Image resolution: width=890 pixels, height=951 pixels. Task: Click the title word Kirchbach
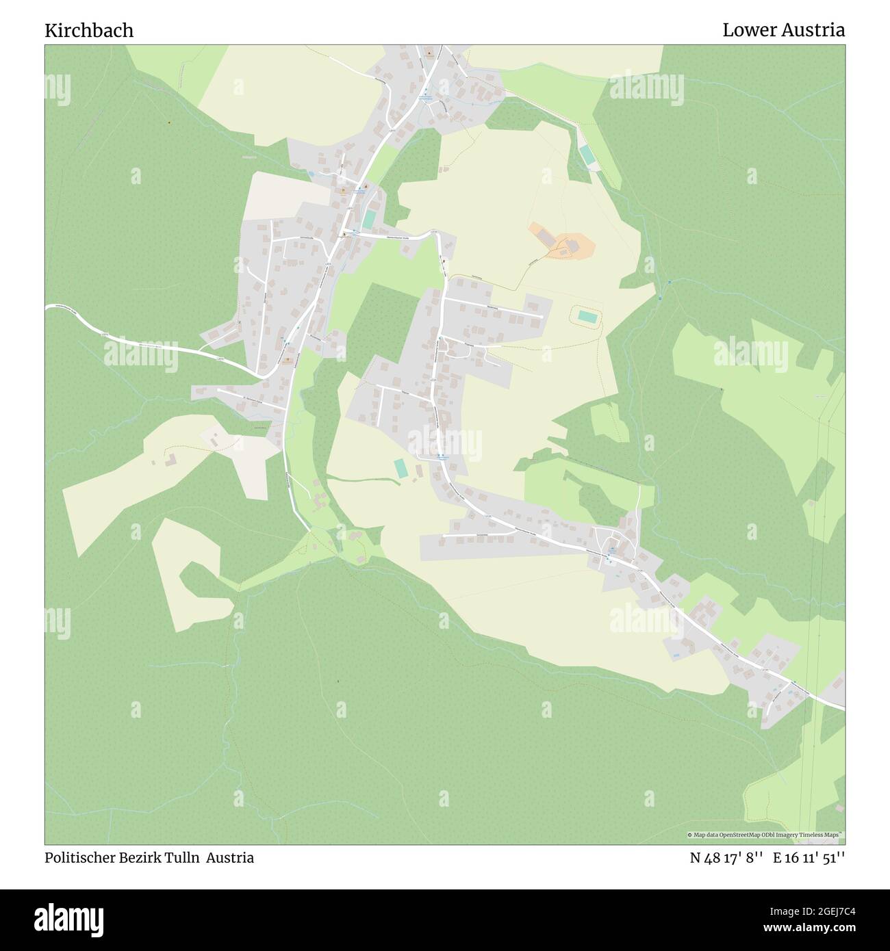(x=89, y=30)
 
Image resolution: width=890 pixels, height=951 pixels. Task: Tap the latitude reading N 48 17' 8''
(x=726, y=858)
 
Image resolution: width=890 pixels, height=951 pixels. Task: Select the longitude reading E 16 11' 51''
(x=809, y=858)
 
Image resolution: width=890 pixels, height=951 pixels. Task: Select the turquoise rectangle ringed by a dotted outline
(x=586, y=316)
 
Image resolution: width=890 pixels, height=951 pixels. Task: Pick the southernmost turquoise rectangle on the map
(x=400, y=469)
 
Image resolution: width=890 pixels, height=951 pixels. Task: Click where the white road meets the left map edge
(x=47, y=307)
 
